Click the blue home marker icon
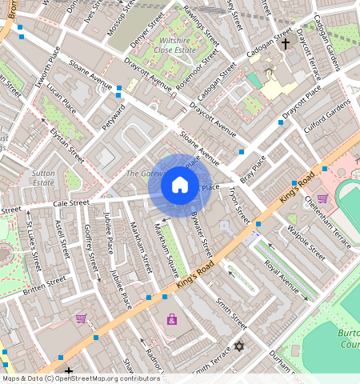point(180,186)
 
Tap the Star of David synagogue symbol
point(238,346)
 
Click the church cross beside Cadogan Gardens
point(286,42)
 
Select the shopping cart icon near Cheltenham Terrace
point(322,198)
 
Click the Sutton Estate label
point(43,177)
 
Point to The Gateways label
point(144,174)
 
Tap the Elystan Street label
point(66,145)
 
